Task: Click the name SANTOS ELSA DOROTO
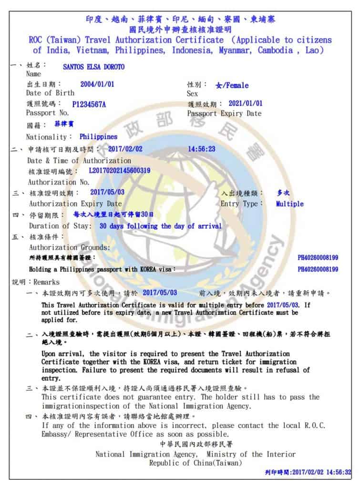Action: tap(93, 67)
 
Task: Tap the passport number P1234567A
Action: tap(89, 104)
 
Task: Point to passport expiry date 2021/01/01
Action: tap(245, 103)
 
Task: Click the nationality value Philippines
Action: tap(98, 137)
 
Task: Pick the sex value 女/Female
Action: tap(232, 85)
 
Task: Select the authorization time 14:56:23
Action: tap(201, 149)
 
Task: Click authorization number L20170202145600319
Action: tap(120, 171)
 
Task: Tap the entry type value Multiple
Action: tap(289, 204)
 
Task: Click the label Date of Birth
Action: tap(50, 93)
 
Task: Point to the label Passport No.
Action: tap(47, 113)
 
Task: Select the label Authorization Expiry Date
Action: tap(75, 203)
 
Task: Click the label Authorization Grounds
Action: tap(70, 247)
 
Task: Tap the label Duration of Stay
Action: tap(60, 226)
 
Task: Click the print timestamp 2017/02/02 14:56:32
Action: tap(324, 472)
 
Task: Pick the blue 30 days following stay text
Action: tap(160, 226)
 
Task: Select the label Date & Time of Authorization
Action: tap(79, 161)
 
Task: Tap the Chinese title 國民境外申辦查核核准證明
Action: tap(180, 30)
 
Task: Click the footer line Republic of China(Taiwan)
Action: tap(195, 463)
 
